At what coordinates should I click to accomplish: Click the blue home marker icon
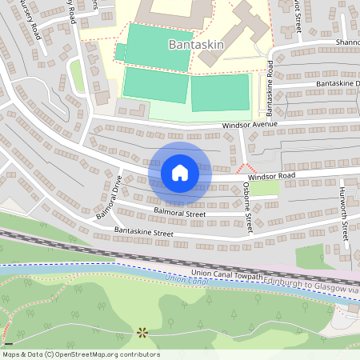pos(179,172)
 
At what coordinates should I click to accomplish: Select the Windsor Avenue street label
pos(250,125)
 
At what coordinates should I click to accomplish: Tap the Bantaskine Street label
pos(144,232)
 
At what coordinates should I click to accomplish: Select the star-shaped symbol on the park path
pos(143,330)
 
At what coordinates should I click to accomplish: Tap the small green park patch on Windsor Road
pos(264,189)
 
